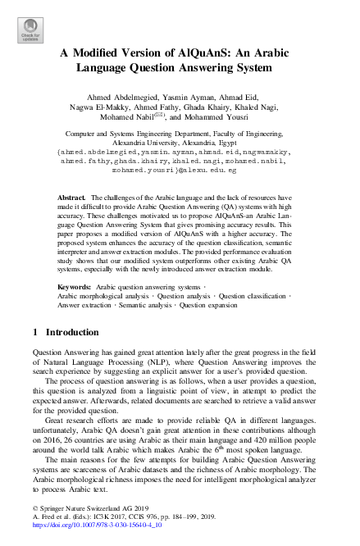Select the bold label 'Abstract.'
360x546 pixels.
72,199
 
